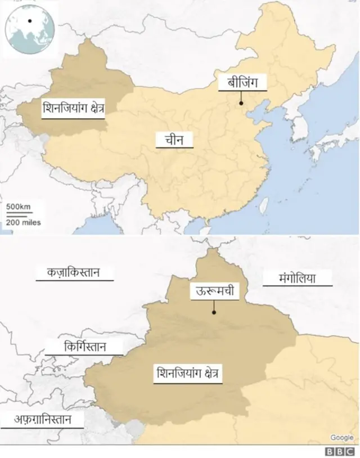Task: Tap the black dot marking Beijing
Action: coord(241,103)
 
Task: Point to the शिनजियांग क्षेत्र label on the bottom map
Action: coord(188,373)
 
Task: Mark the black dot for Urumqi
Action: coord(214,312)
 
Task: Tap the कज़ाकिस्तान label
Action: coord(73,273)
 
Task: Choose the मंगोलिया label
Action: coord(297,277)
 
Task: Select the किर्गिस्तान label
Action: coord(85,346)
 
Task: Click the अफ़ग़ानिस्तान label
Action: coord(41,419)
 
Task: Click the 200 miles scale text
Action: coord(24,222)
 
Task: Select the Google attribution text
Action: coord(341,437)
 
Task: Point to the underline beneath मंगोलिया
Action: coord(297,285)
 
